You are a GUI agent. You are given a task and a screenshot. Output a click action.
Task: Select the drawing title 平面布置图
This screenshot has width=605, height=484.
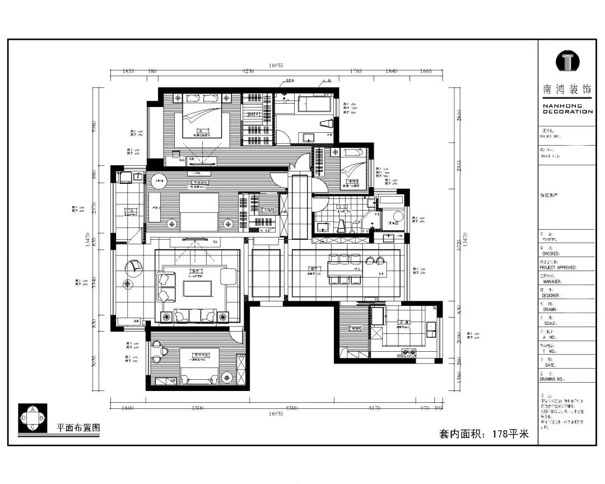tap(78, 427)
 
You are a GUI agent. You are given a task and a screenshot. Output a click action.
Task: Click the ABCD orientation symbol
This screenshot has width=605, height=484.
tap(33, 418)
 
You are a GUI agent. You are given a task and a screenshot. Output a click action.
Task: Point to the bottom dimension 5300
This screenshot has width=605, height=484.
tap(197, 408)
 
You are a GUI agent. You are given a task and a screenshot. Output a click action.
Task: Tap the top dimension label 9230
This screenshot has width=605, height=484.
tap(248, 71)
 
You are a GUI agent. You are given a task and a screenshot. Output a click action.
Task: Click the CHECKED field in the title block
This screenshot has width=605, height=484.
tap(551, 253)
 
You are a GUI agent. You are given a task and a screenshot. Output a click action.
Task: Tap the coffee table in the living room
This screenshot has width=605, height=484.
tap(197, 288)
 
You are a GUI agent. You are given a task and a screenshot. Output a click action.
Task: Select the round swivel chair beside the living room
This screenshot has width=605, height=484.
tap(135, 267)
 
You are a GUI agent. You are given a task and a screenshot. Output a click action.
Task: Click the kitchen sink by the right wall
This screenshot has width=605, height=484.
tap(431, 327)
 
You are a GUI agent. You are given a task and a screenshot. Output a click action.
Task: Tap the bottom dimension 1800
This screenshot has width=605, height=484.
tap(128, 408)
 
